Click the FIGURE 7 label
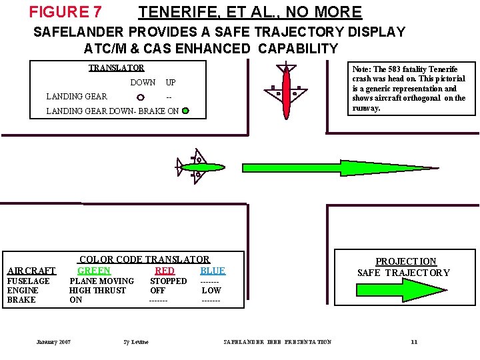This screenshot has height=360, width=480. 65,12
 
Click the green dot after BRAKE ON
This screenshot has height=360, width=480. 185,111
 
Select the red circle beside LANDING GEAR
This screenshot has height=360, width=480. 140,97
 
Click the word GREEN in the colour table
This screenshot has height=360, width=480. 94,271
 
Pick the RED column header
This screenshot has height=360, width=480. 164,271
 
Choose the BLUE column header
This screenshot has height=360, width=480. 213,271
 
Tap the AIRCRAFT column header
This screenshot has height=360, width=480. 31,271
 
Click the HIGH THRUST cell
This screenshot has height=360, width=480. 97,291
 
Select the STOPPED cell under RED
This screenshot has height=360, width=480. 168,281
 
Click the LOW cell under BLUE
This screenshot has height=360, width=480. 211,291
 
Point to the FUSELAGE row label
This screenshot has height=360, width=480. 28,281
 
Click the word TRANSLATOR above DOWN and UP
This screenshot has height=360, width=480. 117,67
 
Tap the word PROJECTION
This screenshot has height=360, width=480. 405,261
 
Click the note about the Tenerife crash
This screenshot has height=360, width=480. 409,88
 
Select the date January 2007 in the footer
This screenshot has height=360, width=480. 53,342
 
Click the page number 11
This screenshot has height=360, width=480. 414,342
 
